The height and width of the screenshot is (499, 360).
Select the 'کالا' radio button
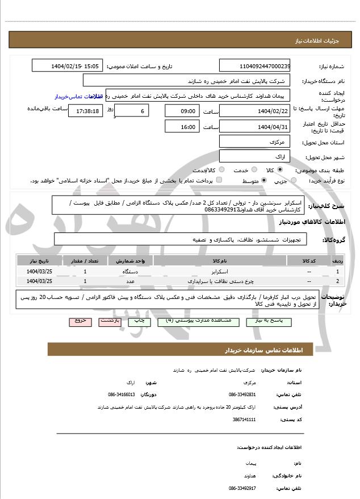pyautogui.click(x=279, y=170)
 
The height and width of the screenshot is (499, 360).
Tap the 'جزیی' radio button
pyautogui.click(x=293, y=181)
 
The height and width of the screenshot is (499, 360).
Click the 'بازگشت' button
pyautogui.click(x=110, y=321)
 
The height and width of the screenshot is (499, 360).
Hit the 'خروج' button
pyautogui.click(x=80, y=321)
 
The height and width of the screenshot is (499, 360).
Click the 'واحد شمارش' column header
pyautogui.click(x=134, y=261)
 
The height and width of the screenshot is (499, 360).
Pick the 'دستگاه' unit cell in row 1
pyautogui.click(x=131, y=272)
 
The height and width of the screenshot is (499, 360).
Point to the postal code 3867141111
pyautogui.click(x=244, y=419)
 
